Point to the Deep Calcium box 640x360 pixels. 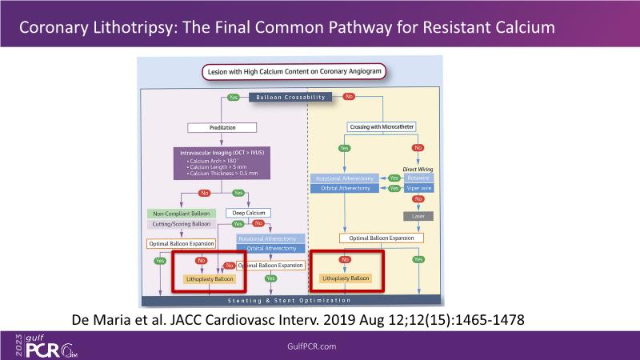(x=249, y=213)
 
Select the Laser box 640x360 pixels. (x=417, y=216)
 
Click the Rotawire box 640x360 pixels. (x=417, y=178)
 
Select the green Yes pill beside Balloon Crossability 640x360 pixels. (x=233, y=97)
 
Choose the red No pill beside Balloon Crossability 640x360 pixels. (x=349, y=97)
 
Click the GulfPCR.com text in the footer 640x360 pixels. (x=315, y=345)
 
